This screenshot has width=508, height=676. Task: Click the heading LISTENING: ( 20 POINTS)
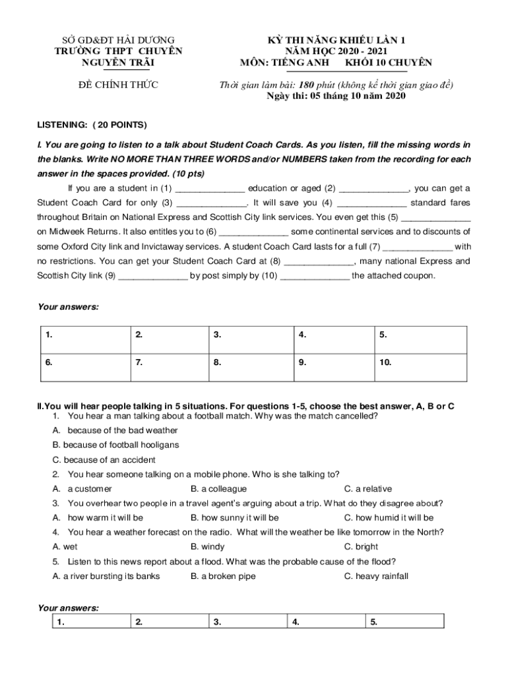coord(92,125)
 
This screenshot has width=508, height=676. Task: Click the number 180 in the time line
coord(305,85)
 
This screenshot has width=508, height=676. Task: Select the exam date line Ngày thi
coord(336,96)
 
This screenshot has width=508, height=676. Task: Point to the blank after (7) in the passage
coord(418,247)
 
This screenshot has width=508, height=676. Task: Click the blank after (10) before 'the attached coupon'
coord(315,276)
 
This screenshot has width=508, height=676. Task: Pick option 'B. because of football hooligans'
coord(115,445)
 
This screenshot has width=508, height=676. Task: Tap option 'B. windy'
coord(207,547)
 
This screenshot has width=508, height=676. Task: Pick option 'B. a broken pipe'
coord(223,576)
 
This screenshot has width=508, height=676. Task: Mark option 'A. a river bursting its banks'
coord(106,576)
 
